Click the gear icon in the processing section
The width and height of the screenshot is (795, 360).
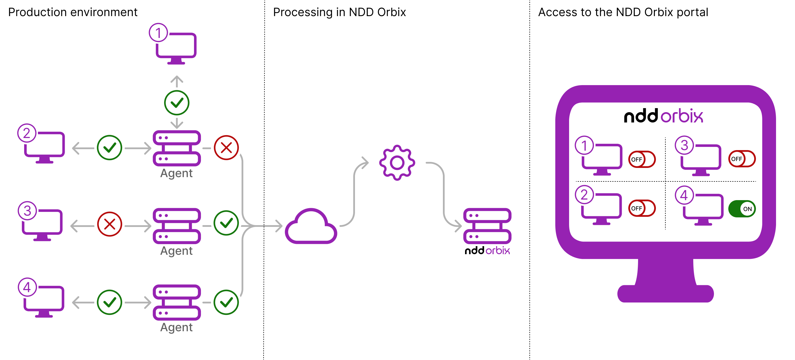point(397,163)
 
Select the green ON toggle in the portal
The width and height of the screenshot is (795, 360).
point(742,209)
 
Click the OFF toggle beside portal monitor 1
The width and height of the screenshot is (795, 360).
point(642,159)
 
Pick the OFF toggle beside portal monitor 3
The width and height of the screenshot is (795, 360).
point(742,159)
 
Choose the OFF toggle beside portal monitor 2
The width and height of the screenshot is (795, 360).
point(642,208)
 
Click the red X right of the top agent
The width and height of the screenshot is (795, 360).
point(226,148)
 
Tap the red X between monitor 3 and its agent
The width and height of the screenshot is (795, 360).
point(110,224)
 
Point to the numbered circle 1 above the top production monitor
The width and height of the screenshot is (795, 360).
point(158,33)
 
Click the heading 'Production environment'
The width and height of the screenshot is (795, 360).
point(73,12)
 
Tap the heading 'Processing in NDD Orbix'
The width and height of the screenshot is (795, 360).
point(339,12)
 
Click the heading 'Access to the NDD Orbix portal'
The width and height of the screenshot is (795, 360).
point(623,12)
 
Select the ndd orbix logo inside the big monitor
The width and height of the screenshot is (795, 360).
point(664,116)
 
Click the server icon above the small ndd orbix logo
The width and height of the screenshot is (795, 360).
point(487,226)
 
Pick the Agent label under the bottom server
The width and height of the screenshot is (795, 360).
point(176,327)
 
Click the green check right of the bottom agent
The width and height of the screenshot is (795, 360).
point(226,302)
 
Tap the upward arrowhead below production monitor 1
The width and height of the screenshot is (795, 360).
point(177,79)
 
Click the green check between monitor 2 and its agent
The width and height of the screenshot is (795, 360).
point(110,148)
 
